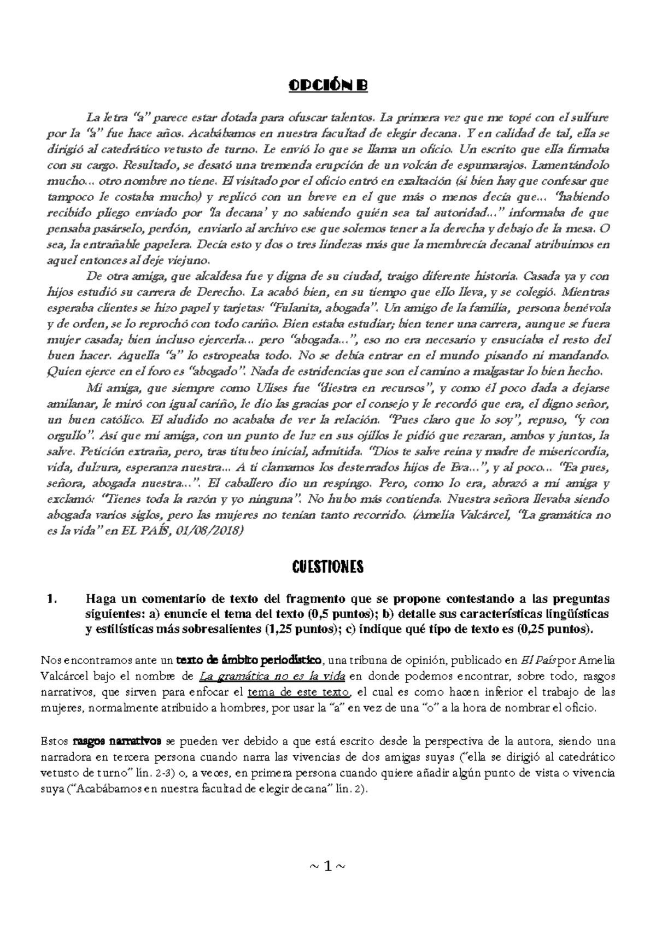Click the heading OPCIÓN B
tap(328, 86)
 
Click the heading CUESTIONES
tap(328, 567)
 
